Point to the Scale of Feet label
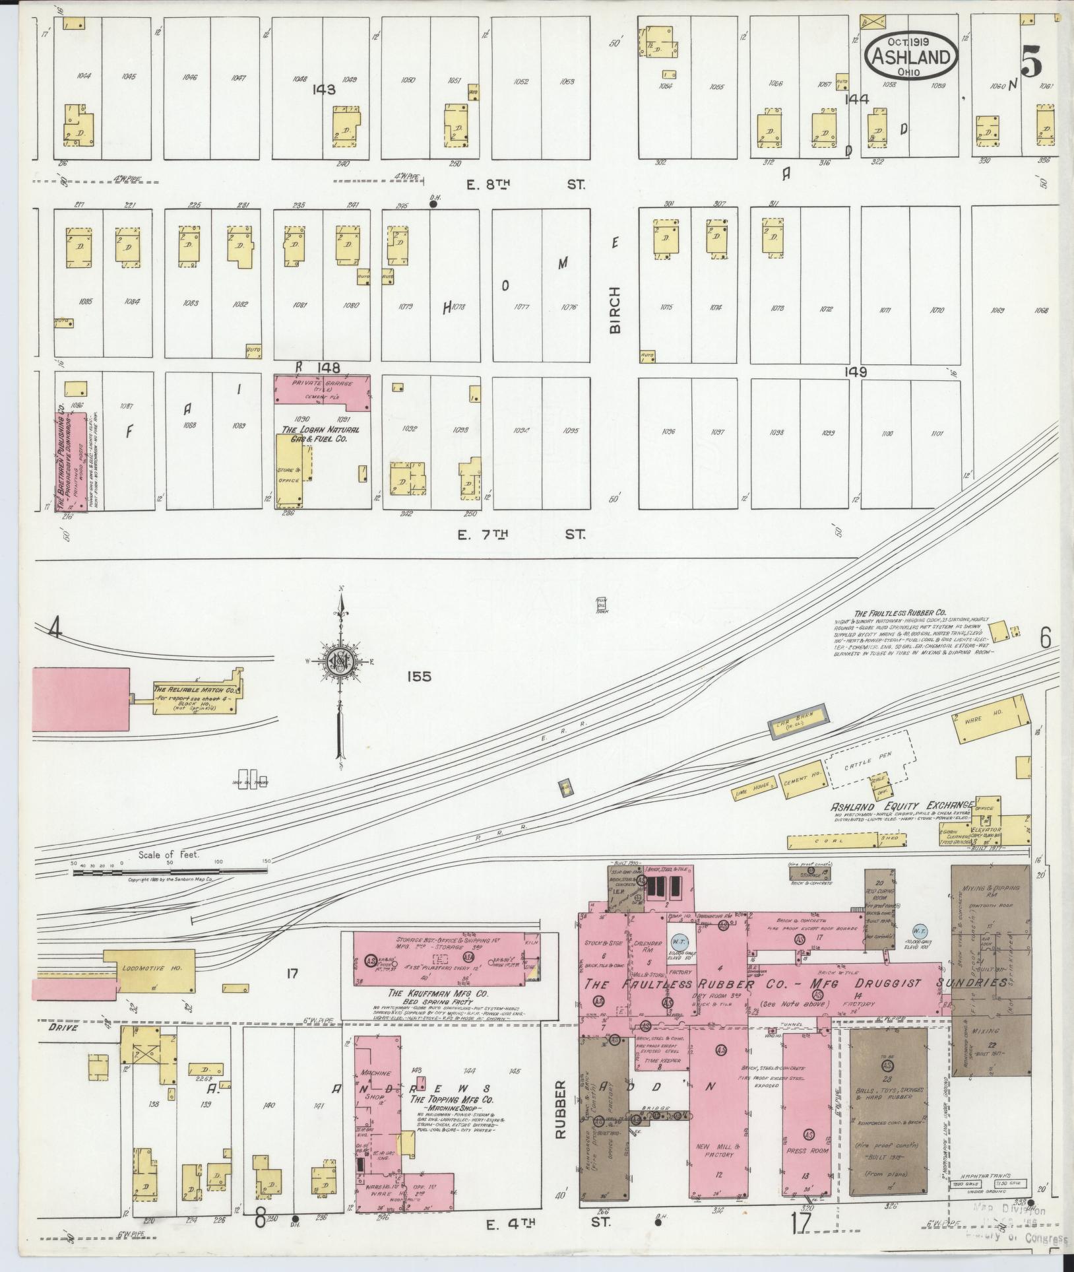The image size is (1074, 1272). click(x=168, y=855)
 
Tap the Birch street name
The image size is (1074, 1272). click(x=616, y=310)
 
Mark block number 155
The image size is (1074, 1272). click(x=418, y=677)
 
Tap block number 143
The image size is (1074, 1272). click(x=325, y=90)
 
